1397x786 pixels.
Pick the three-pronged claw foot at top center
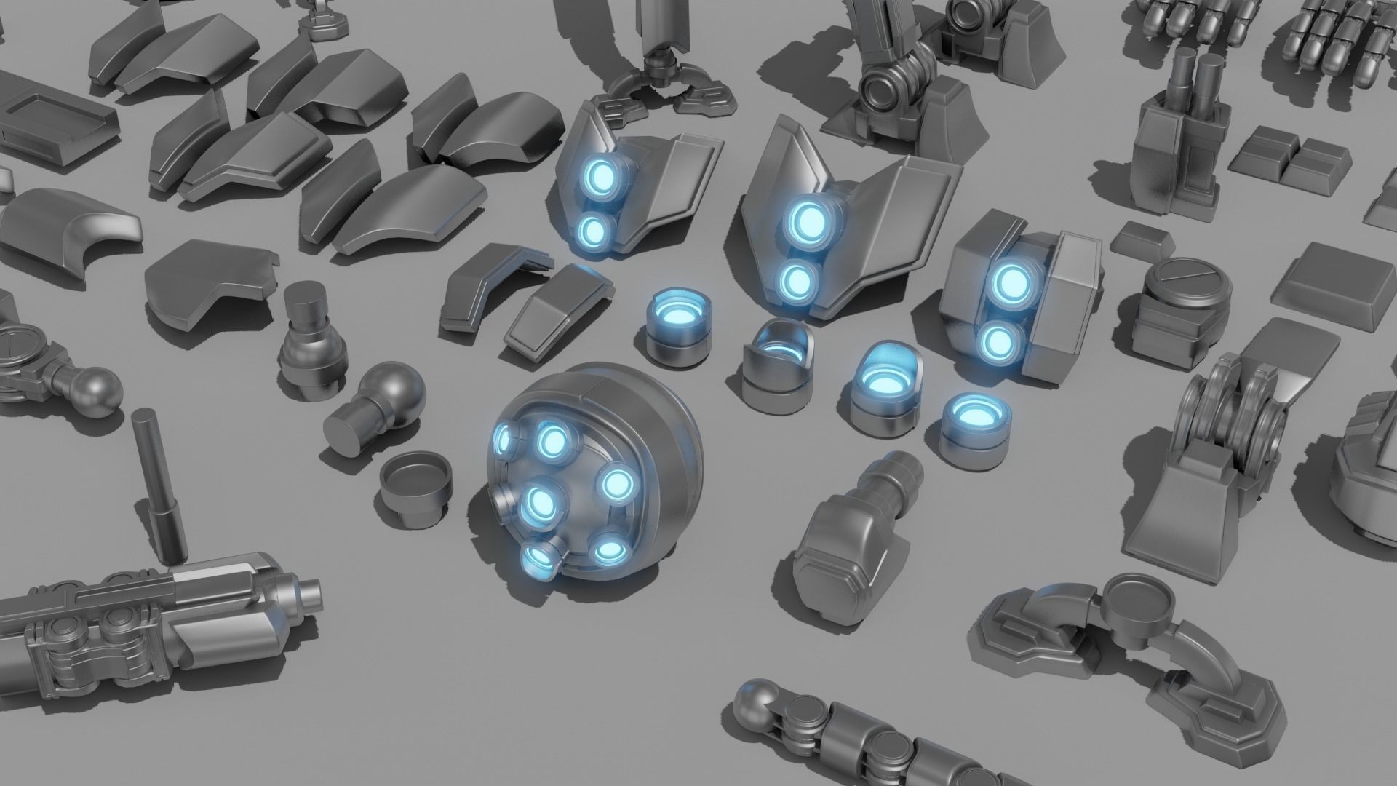tap(658, 91)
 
